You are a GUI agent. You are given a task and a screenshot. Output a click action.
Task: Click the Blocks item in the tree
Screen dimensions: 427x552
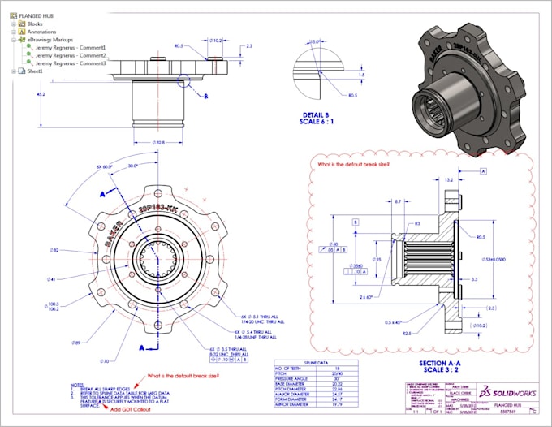35,24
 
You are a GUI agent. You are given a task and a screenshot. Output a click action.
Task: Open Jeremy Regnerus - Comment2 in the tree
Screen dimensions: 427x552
71,55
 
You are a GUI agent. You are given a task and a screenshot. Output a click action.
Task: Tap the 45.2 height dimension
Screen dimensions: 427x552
41,95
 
